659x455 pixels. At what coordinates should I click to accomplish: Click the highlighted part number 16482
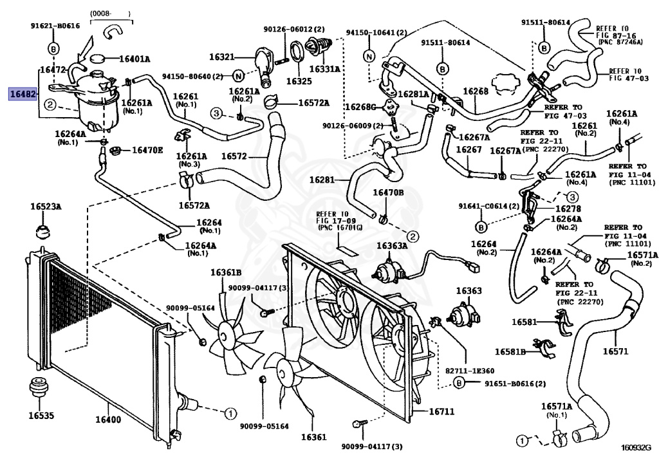pos(23,94)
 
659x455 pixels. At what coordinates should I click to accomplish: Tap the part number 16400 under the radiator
pos(108,420)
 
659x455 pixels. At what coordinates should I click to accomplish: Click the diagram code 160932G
pos(636,447)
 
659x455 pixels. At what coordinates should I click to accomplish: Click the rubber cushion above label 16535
pos(41,390)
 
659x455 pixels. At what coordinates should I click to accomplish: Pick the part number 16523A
pos(44,207)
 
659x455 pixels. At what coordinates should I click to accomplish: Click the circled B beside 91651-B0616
pos(459,384)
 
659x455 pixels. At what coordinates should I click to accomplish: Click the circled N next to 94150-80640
pos(237,76)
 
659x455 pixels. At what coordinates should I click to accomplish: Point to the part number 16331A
pos(325,68)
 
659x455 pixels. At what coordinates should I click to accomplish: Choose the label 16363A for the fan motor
pos(391,246)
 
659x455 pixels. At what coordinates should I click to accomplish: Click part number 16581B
pos(510,351)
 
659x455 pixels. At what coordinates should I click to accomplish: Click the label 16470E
pos(147,151)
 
